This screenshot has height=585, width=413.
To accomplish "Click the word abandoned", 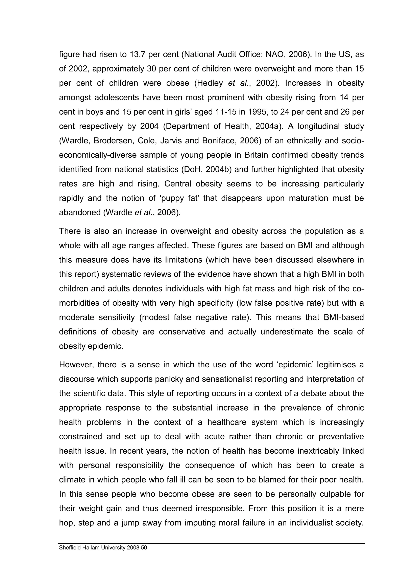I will pos(80,213).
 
